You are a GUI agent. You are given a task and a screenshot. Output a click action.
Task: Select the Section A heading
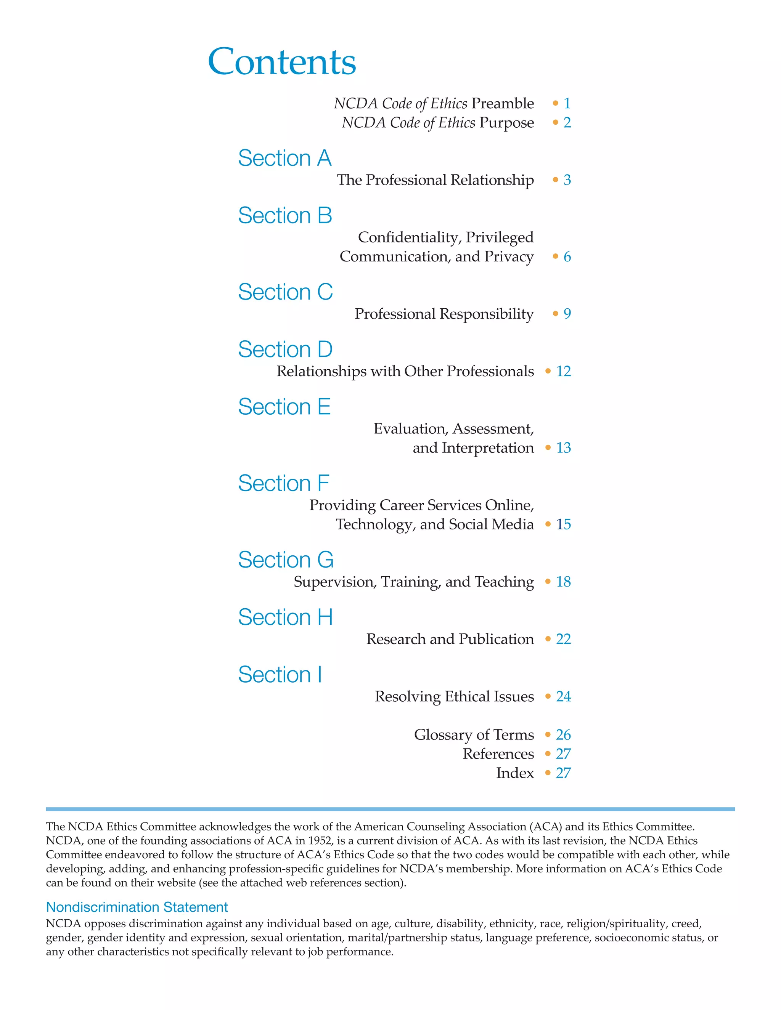284,158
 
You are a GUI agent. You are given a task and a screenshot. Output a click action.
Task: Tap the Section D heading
285,349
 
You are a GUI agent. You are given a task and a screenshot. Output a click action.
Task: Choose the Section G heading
286,560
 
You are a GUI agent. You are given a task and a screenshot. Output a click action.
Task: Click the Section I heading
280,674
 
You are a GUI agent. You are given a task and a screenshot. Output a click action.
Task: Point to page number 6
567,256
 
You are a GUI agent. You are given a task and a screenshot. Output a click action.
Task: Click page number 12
563,371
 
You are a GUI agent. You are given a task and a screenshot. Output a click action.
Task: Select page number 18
563,581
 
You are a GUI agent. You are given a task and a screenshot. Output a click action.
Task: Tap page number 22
563,639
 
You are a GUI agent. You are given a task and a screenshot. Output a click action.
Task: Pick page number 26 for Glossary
563,734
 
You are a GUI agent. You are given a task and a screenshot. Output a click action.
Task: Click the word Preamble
503,103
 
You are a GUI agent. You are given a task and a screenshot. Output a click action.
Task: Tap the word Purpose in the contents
507,123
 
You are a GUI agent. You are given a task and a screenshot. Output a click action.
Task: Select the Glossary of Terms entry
474,734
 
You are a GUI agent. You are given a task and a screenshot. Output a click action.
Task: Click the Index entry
515,773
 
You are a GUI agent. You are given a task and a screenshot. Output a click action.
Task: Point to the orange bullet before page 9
555,314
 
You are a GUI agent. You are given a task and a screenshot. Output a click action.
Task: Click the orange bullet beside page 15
548,524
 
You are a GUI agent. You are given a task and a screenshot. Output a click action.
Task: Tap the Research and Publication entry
450,639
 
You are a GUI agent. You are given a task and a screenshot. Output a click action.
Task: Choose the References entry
498,754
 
